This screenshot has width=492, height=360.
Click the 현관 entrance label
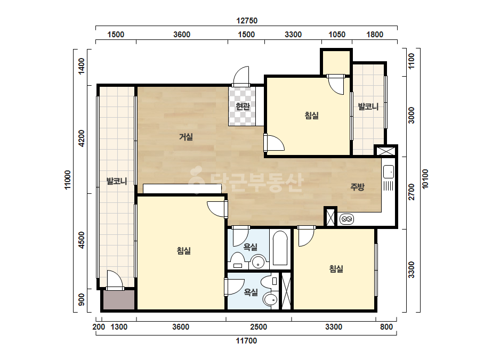[x=243, y=107]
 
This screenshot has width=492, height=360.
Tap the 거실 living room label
[x=185, y=136]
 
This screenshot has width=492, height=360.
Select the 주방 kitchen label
[x=357, y=187]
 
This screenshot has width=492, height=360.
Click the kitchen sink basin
[x=389, y=171]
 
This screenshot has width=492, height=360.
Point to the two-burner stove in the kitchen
[x=346, y=219]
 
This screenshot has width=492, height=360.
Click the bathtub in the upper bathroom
[x=280, y=248]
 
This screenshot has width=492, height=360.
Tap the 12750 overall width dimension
[x=247, y=21]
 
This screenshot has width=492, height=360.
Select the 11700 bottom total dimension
[x=246, y=340]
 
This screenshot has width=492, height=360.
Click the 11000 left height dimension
[x=68, y=179]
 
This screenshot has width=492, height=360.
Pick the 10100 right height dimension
[x=425, y=179]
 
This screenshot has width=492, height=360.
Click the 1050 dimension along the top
[x=337, y=35]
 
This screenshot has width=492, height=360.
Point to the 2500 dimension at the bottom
[x=259, y=327]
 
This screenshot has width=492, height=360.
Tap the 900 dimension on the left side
[x=81, y=299]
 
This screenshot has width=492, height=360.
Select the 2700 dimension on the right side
[x=412, y=192]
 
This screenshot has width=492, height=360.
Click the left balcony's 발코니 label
[x=116, y=181]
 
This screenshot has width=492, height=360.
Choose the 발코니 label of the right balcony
[x=368, y=107]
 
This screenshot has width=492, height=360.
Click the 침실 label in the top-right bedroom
[x=312, y=116]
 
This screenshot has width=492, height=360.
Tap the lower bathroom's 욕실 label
[x=251, y=292]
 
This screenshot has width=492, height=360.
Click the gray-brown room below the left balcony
[x=119, y=300]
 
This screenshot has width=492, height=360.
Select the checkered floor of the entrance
[x=242, y=107]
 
